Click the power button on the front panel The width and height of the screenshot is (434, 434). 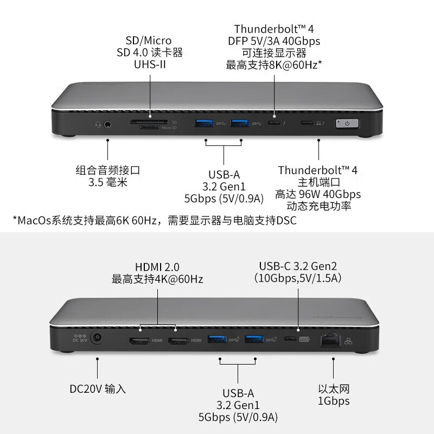click(347, 124)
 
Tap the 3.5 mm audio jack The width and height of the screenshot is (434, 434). click(107, 125)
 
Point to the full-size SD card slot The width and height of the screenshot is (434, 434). click(149, 122)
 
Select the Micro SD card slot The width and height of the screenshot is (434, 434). click(150, 127)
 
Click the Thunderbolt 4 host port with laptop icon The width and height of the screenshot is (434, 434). click(307, 123)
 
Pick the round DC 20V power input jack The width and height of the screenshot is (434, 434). click(97, 337)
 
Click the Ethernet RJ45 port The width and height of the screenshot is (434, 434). click(330, 340)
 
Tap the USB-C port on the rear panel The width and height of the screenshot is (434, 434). click(290, 339)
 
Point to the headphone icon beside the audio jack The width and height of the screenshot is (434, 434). click(98, 125)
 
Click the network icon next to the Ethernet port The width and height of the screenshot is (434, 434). click(348, 341)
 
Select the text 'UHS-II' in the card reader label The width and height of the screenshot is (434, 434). click(150, 65)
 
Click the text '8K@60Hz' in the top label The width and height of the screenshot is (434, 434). click(293, 65)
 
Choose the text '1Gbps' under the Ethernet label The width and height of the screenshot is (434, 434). click(334, 401)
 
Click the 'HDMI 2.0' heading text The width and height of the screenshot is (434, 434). click(157, 267)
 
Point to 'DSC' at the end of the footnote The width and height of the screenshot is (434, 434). click(286, 221)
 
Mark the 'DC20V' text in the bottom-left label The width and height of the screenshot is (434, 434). click(86, 389)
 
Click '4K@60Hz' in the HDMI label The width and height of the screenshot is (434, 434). click(179, 279)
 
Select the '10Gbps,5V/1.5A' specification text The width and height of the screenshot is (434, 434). click(298, 278)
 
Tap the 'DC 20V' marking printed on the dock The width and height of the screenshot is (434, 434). click(80, 340)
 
